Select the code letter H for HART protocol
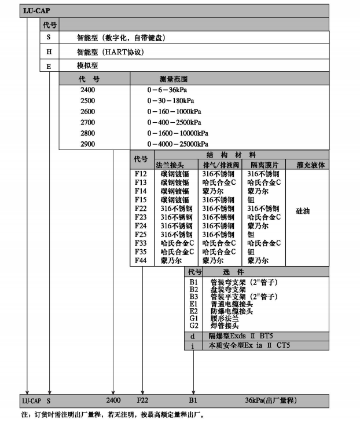point(49,52)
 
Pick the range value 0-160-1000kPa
point(174,111)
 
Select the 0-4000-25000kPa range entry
point(178,144)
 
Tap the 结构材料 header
point(231,155)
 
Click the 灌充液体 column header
point(310,165)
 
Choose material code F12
point(141,174)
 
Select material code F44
point(141,261)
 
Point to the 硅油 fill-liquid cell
point(302,211)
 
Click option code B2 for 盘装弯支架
point(194,289)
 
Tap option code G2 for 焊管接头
point(194,325)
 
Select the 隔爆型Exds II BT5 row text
point(241,336)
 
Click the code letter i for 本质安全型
point(193,346)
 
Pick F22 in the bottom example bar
point(143,400)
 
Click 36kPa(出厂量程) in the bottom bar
point(270,400)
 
